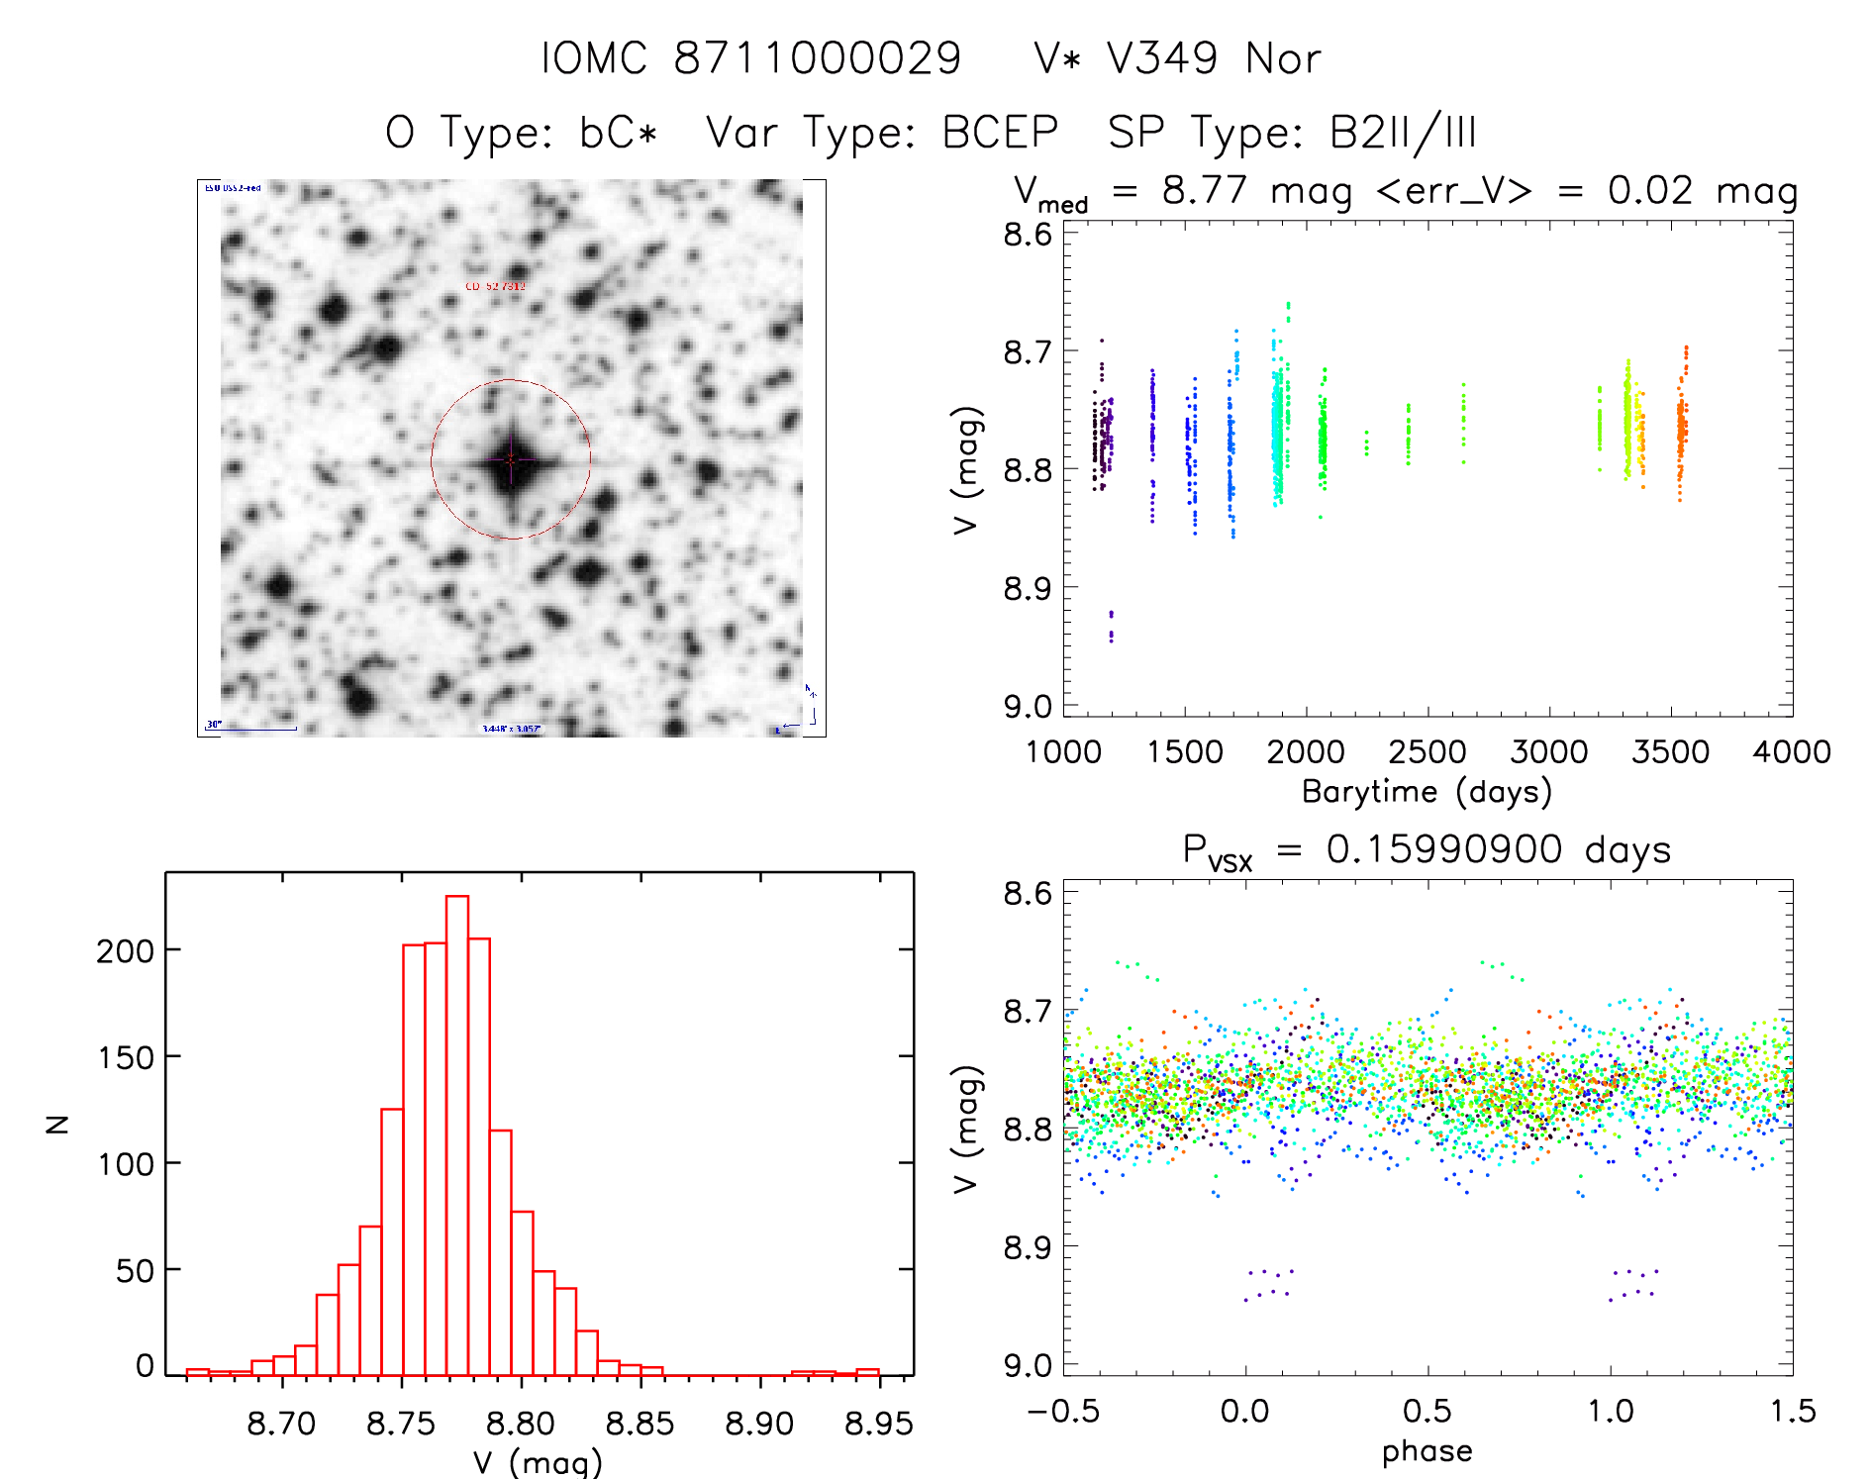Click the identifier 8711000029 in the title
pyautogui.click(x=817, y=59)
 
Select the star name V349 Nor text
pyautogui.click(x=1177, y=59)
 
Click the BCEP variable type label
pyautogui.click(x=1000, y=133)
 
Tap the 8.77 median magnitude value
pyautogui.click(x=1204, y=190)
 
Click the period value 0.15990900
pyautogui.click(x=1444, y=849)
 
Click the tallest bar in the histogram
pyautogui.click(x=457, y=1134)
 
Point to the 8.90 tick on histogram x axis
pyautogui.click(x=759, y=1424)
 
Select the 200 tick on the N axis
pyautogui.click(x=126, y=951)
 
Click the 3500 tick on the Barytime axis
pyautogui.click(x=1670, y=752)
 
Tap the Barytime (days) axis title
pyautogui.click(x=1427, y=792)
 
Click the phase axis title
pyautogui.click(x=1427, y=1451)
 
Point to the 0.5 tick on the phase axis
pyautogui.click(x=1427, y=1412)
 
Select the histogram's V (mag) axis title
pyautogui.click(x=537, y=1462)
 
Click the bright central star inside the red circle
pyautogui.click(x=511, y=460)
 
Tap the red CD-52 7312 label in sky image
pyautogui.click(x=496, y=286)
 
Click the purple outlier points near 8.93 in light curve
pyautogui.click(x=1111, y=627)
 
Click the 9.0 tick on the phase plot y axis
pyautogui.click(x=1028, y=1366)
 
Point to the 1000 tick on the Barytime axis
pyautogui.click(x=1063, y=752)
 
